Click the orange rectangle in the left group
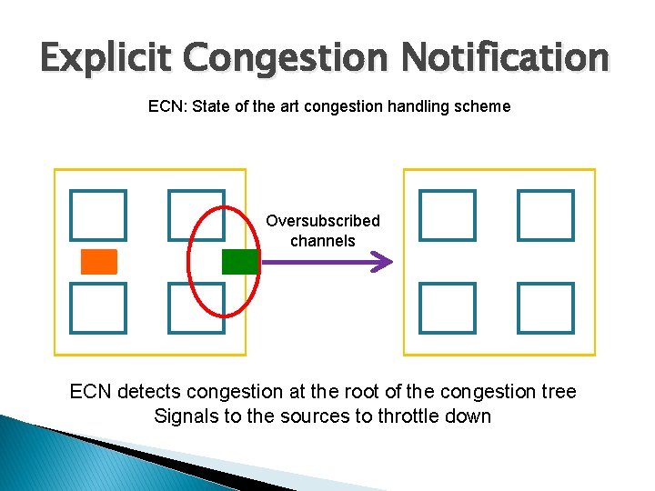[99, 261]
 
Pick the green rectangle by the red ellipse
[240, 261]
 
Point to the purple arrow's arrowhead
[384, 262]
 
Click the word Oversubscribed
[323, 221]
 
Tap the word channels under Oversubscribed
[323, 241]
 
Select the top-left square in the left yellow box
[98, 215]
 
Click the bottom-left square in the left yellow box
[98, 307]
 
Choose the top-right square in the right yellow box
[546, 215]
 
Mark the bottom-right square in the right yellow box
[546, 307]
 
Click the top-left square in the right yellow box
[448, 215]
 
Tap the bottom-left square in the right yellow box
[448, 307]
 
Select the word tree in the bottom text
[559, 392]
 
